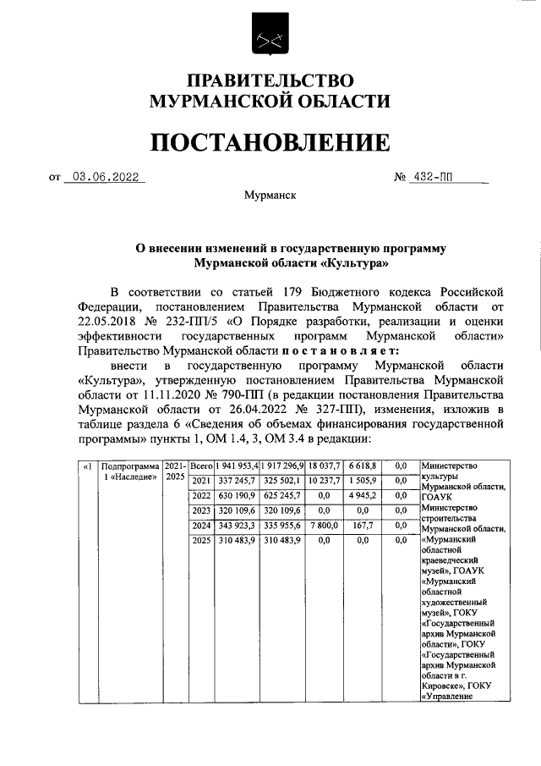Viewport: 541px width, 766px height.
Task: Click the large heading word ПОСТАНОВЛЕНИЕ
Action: [x=270, y=142]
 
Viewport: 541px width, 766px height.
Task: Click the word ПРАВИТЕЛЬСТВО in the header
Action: [x=270, y=81]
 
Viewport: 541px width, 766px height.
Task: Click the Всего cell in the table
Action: [x=201, y=466]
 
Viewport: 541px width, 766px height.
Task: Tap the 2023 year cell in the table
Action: [x=201, y=510]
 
